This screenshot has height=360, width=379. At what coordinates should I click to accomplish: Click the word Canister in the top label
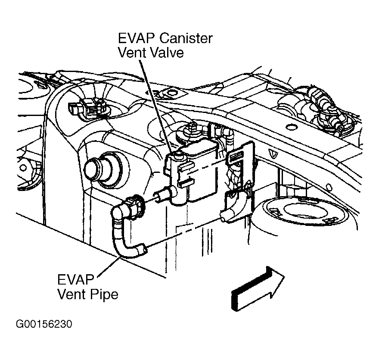(x=186, y=38)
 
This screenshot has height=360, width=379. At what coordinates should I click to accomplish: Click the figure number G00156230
(x=44, y=324)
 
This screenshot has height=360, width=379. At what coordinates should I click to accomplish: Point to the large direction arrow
(x=258, y=288)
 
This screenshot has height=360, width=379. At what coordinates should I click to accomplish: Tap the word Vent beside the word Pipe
(x=72, y=294)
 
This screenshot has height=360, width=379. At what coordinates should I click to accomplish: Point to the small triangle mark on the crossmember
(x=273, y=154)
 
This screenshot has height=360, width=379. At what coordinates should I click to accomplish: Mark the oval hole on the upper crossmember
(x=291, y=127)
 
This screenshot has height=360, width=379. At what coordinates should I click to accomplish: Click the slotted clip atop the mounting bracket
(x=236, y=158)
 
